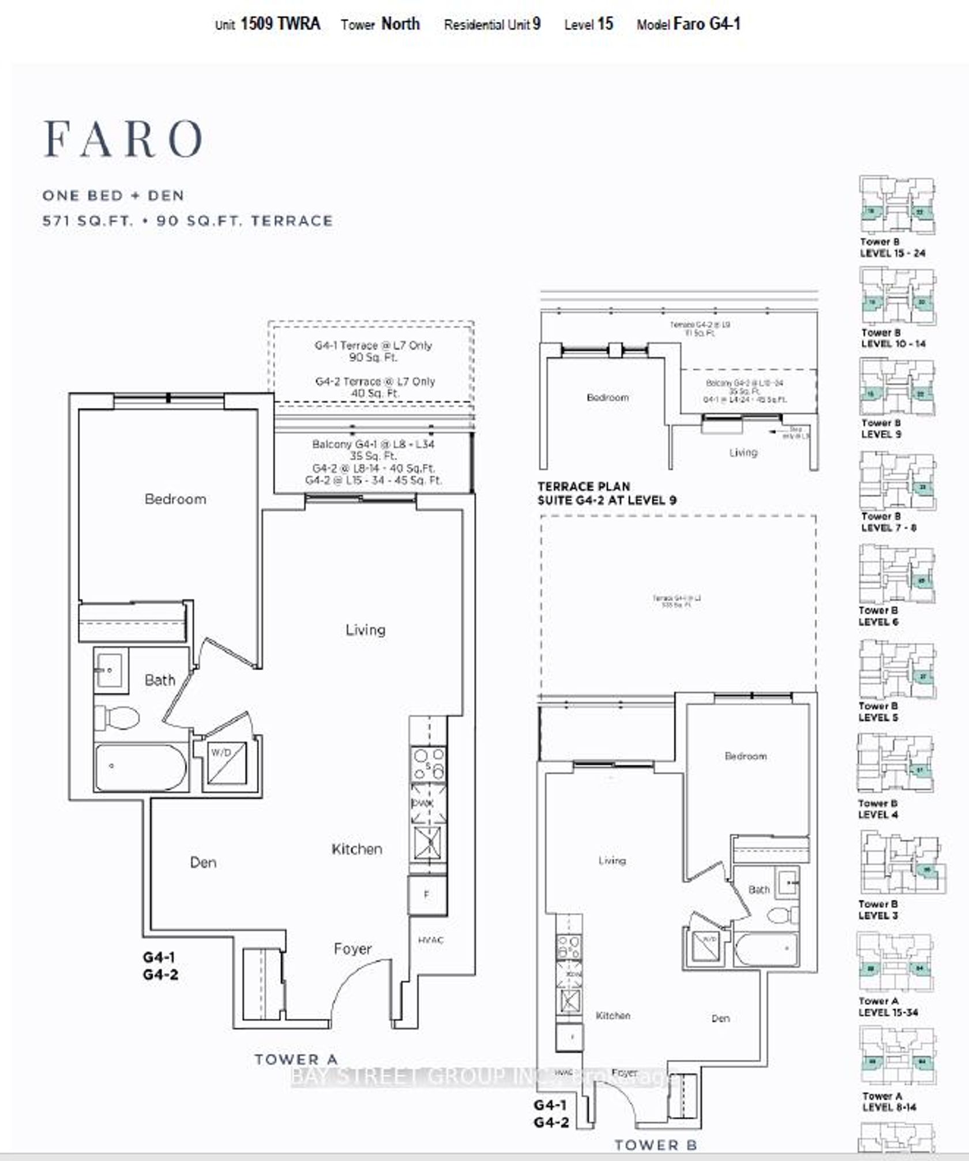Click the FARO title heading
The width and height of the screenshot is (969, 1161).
(x=123, y=139)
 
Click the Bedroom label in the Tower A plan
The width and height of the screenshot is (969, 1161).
(x=175, y=499)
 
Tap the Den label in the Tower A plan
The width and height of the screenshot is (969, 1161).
(x=203, y=862)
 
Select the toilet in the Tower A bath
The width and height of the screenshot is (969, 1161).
(x=118, y=718)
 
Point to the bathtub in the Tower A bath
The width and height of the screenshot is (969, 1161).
(x=141, y=767)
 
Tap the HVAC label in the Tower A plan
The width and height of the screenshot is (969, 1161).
(x=430, y=940)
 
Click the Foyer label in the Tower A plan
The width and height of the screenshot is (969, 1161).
(x=352, y=949)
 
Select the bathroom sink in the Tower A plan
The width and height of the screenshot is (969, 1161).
(x=110, y=670)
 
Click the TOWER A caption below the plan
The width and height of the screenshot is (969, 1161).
(x=296, y=1059)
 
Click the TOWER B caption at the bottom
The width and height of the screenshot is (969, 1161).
(x=655, y=1145)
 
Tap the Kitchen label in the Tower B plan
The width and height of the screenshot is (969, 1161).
(x=613, y=1016)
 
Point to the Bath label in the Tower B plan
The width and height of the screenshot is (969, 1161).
(x=758, y=890)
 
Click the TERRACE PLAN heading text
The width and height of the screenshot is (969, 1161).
(x=584, y=486)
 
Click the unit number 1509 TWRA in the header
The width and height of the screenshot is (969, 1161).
(x=280, y=24)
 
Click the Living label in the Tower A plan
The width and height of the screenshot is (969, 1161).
(x=365, y=630)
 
